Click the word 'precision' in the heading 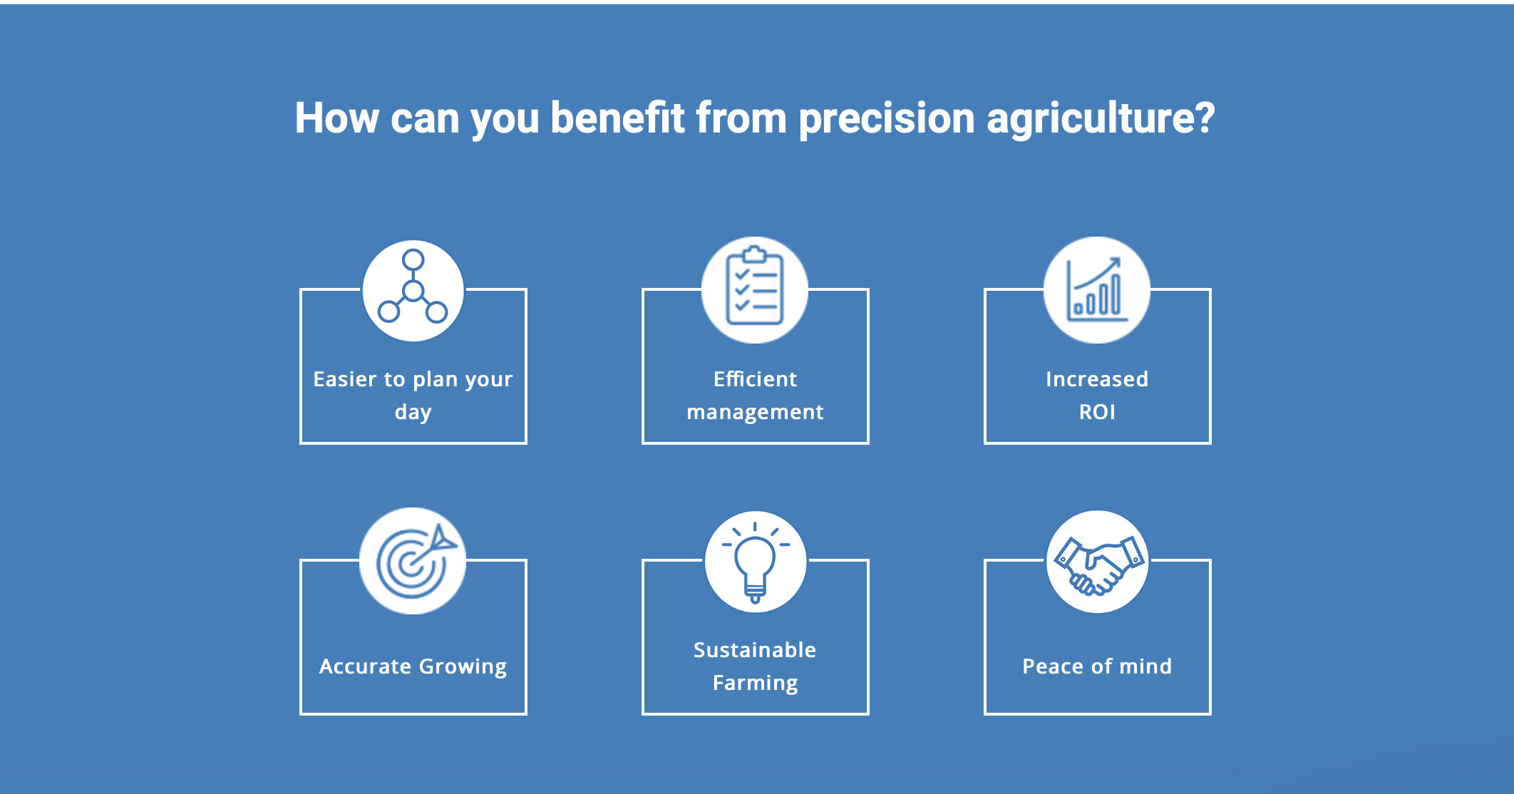tap(886, 118)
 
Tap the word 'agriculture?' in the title tap(1101, 118)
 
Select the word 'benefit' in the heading tap(617, 118)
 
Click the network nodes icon tap(413, 287)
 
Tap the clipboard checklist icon tap(755, 287)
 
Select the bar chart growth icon tap(1097, 289)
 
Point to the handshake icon tap(1098, 564)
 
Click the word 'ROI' tap(1097, 412)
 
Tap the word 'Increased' tap(1097, 379)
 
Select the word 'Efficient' tap(755, 378)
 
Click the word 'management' tap(755, 413)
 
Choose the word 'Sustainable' tap(755, 649)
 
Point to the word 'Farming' tap(756, 683)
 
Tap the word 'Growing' tap(463, 667)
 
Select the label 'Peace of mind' tap(1097, 666)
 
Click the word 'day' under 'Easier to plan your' tap(413, 413)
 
